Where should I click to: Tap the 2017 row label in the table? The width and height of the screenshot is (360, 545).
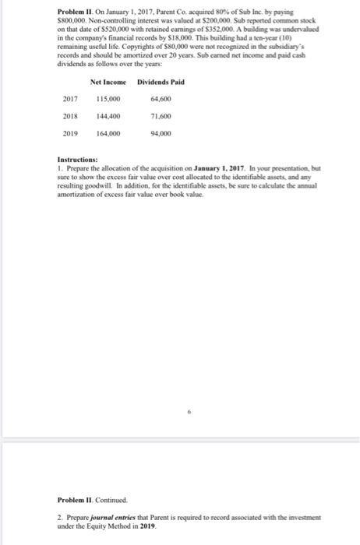(69, 99)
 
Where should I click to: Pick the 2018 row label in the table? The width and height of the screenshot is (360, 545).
(69, 116)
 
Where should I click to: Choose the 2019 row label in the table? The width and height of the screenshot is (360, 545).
(69, 133)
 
